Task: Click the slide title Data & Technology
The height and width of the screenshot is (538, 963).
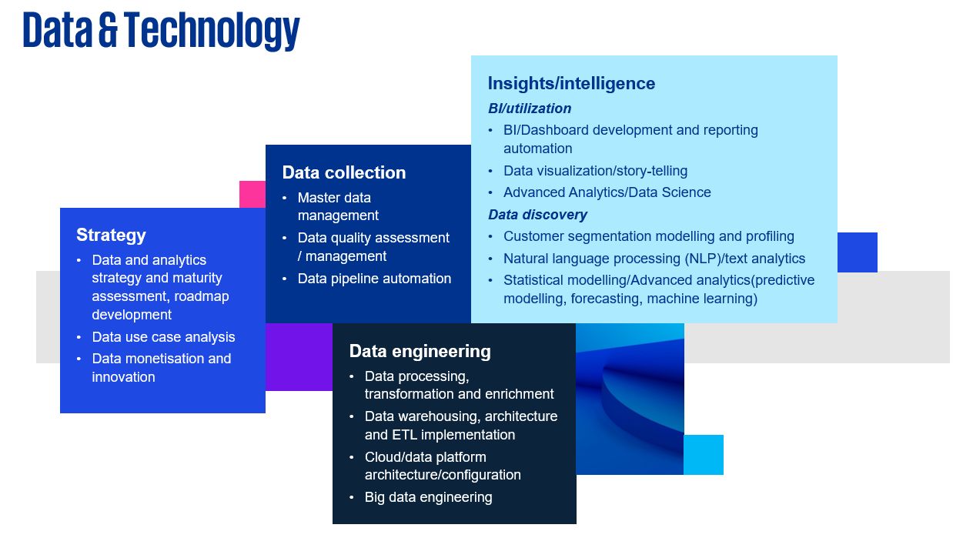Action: click(161, 31)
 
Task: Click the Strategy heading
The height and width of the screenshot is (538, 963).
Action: click(111, 236)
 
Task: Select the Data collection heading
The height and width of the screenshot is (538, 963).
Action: click(344, 172)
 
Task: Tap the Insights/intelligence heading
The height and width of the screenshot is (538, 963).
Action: click(571, 83)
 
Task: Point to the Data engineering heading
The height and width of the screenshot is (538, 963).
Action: click(420, 352)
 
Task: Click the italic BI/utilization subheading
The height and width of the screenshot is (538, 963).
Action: click(530, 109)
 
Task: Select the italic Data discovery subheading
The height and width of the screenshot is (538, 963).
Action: click(537, 215)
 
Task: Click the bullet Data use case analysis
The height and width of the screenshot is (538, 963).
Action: click(163, 337)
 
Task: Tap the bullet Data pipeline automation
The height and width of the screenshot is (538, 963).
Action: click(374, 279)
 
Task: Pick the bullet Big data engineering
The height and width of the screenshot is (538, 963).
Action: click(428, 497)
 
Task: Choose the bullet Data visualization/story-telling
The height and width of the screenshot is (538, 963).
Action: click(595, 171)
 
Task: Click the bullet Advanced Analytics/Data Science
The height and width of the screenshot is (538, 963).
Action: click(607, 192)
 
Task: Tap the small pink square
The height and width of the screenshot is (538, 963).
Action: click(252, 195)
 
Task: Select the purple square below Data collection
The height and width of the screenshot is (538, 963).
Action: click(299, 357)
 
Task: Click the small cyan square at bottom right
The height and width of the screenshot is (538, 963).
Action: click(704, 455)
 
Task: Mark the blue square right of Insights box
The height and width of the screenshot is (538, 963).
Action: click(858, 252)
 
